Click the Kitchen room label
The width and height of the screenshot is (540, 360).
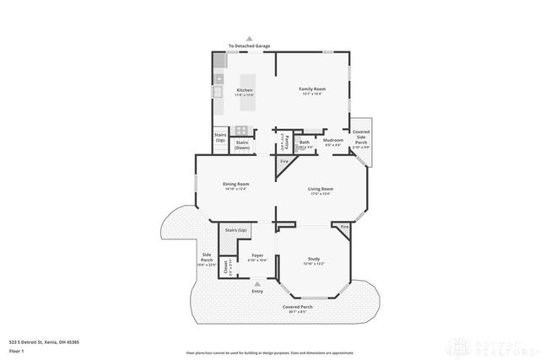245,90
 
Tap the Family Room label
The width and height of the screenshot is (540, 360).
312,89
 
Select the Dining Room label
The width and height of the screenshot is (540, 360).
235,184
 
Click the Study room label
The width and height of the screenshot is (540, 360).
313,260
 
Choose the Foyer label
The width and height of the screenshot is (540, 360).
257,256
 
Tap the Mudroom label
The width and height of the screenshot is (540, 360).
332,140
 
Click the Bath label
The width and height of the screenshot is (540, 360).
305,142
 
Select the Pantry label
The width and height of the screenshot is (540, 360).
285,139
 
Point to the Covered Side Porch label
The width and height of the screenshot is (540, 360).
361,137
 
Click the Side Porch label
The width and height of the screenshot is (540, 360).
207,258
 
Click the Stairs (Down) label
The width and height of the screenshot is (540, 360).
242,144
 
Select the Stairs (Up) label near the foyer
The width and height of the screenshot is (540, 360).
235,230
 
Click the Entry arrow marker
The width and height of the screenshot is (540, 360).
257,285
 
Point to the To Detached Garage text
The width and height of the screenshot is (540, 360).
250,46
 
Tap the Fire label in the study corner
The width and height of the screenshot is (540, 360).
344,228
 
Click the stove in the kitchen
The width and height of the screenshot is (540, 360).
241,130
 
